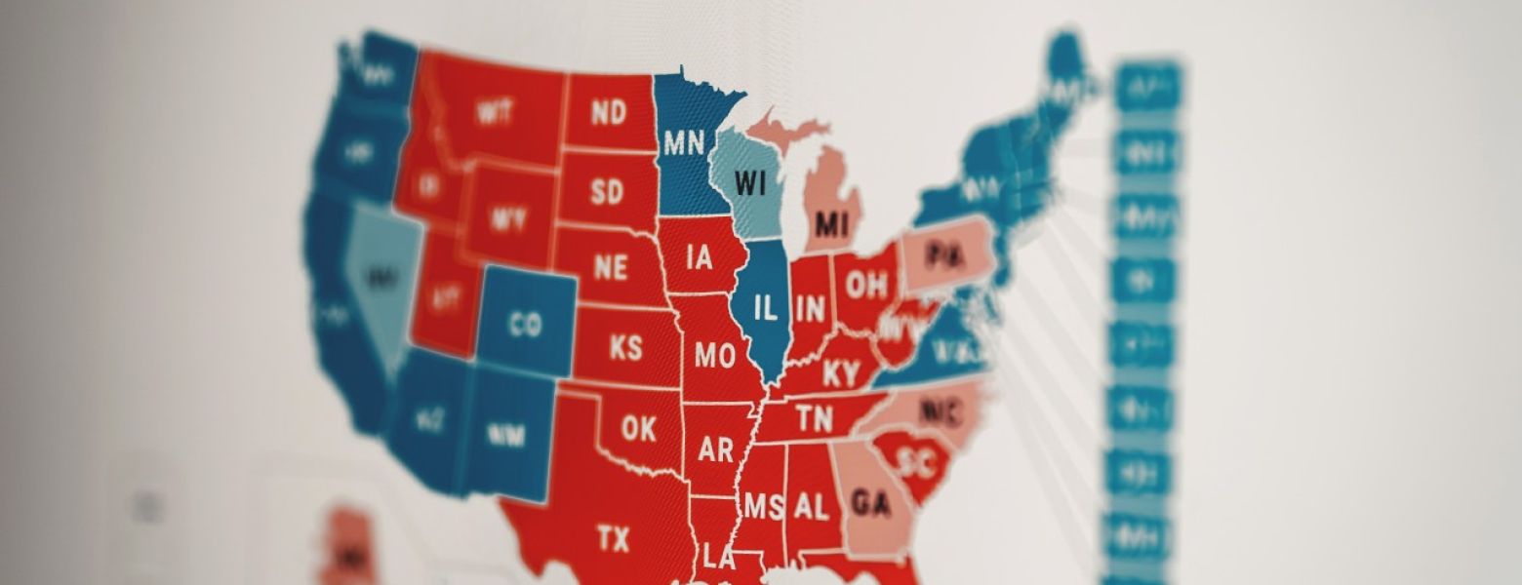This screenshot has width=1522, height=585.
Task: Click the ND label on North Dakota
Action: (609, 113)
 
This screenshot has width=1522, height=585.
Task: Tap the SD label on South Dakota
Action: (607, 191)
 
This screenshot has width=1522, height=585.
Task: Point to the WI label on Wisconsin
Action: (750, 182)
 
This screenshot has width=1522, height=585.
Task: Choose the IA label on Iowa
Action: (699, 258)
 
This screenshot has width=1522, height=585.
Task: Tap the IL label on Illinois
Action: (767, 310)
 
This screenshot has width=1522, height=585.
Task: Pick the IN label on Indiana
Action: (810, 310)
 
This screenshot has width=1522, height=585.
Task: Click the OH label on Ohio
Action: (866, 287)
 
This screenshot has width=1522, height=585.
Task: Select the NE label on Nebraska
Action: (610, 267)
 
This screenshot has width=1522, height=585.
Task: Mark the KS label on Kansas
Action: (625, 346)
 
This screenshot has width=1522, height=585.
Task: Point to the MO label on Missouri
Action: (715, 356)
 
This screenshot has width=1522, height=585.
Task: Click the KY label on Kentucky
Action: (841, 373)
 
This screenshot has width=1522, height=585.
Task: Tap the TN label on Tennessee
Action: (814, 419)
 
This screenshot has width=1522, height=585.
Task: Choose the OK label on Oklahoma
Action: (638, 428)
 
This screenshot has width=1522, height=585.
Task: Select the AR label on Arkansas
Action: (715, 449)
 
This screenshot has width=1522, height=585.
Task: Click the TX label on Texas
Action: (613, 538)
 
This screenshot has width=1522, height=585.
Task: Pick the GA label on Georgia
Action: (870, 503)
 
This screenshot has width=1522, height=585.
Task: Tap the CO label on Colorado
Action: (525, 325)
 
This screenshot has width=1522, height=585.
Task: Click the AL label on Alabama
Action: (812, 506)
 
